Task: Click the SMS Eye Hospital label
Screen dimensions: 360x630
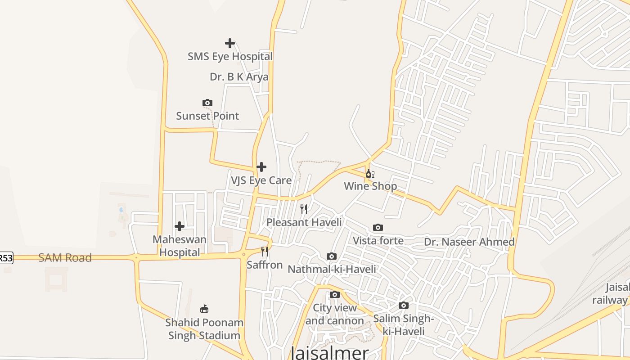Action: tap(230, 57)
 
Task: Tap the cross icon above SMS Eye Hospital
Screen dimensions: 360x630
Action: tap(230, 43)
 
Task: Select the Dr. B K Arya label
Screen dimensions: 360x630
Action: tap(239, 77)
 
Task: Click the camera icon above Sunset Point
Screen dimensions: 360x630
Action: tap(207, 103)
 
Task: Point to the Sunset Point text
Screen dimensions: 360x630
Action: tap(207, 116)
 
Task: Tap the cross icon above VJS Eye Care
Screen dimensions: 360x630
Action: tap(261, 167)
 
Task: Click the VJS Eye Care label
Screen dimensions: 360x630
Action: tap(261, 180)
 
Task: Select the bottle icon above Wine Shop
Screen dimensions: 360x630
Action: tap(370, 174)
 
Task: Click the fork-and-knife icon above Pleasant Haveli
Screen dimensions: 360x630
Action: tap(304, 209)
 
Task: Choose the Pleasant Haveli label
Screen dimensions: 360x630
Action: tap(304, 222)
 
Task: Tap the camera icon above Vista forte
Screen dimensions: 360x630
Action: tap(378, 228)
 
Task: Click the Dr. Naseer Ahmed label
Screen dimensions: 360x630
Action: tap(469, 242)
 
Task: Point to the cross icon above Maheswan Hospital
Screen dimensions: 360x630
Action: tap(180, 226)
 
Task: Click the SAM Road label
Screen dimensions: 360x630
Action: tap(65, 258)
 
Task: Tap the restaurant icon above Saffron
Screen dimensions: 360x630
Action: tap(265, 252)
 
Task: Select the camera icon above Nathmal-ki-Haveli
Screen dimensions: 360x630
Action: tap(332, 256)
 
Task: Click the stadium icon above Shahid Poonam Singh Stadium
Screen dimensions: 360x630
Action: tap(204, 309)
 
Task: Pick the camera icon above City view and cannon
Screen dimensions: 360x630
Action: tap(335, 295)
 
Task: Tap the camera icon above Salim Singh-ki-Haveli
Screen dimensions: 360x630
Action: tap(404, 306)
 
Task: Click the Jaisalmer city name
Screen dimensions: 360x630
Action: tap(330, 353)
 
